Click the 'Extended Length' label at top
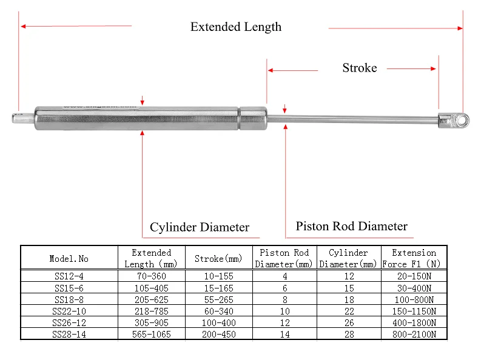[x=235, y=27]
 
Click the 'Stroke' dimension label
[x=359, y=68]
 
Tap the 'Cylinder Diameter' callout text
[x=200, y=227]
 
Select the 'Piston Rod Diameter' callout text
[x=351, y=226]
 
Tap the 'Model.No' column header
[x=69, y=258]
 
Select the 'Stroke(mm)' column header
[x=218, y=258]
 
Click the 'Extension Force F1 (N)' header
[x=414, y=258]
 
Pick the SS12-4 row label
[x=69, y=276]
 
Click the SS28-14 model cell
[x=69, y=334]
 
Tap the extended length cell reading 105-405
[x=152, y=288]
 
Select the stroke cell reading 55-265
[x=218, y=299]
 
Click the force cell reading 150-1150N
[x=414, y=311]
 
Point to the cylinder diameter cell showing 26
[x=348, y=322]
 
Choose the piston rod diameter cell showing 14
[x=284, y=334]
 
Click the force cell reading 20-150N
[x=414, y=276]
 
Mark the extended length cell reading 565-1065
[x=152, y=334]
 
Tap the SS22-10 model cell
[x=69, y=311]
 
